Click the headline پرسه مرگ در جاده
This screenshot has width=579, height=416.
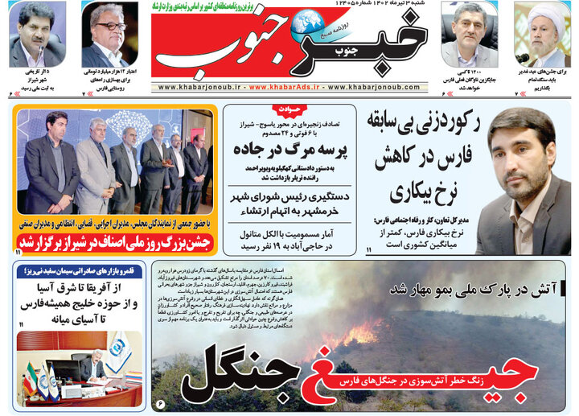click(x=290, y=149)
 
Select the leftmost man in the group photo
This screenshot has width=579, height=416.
click(x=50, y=161)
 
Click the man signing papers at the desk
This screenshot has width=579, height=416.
click(x=90, y=367)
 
